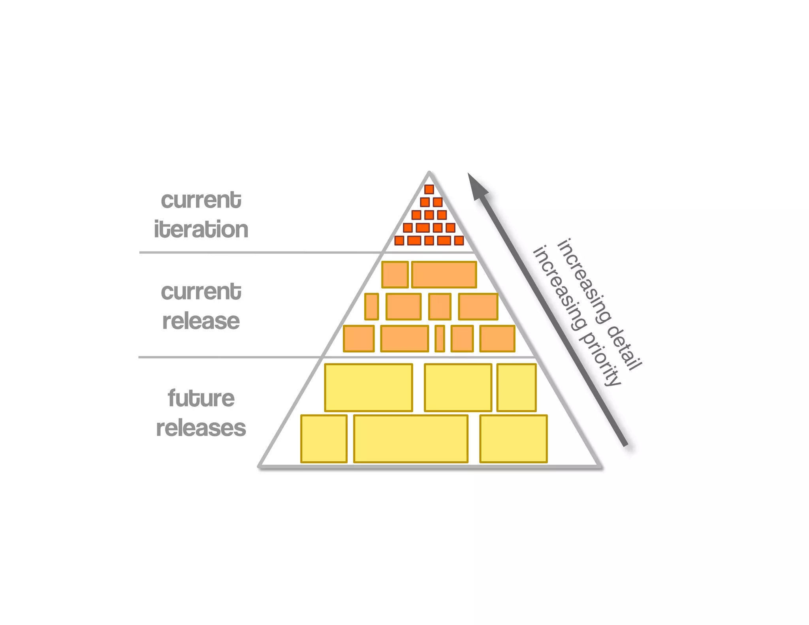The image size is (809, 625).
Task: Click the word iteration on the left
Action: tap(201, 230)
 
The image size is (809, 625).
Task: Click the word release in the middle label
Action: tap(201, 321)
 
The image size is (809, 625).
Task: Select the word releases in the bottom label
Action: tap(201, 428)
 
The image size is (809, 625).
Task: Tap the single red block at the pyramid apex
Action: tap(429, 189)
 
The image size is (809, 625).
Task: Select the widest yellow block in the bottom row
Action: tap(410, 439)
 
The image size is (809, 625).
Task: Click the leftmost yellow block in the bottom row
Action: tap(324, 439)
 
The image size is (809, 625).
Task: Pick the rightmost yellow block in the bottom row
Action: tap(513, 439)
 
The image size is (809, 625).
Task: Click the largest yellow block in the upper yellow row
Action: tap(368, 388)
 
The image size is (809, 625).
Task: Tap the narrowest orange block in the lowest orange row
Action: tap(440, 339)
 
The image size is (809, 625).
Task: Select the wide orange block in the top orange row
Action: tap(444, 275)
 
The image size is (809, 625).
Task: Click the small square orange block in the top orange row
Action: tap(395, 275)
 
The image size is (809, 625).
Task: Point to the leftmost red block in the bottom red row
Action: tap(399, 240)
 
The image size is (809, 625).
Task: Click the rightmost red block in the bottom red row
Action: tap(459, 240)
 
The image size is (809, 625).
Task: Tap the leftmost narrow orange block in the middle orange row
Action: tap(371, 307)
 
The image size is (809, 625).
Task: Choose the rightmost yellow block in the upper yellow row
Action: tap(516, 388)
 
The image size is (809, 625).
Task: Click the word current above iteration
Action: tap(201, 200)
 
